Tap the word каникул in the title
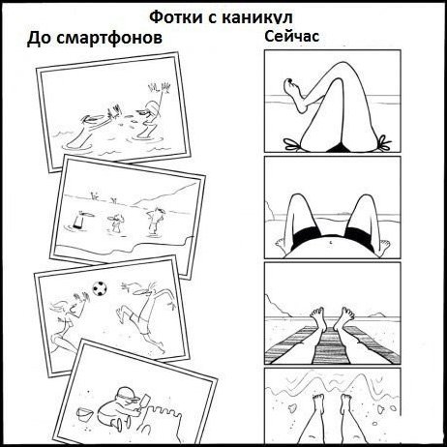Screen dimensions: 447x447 pos(257,17)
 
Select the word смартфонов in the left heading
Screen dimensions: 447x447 pos(109,38)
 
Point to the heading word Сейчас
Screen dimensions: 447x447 pos(292,36)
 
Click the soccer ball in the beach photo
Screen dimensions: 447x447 pos(100,288)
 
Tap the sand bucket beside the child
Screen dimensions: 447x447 pos(84,414)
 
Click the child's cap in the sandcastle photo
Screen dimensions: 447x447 pos(127,393)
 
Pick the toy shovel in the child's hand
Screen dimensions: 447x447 pos(144,402)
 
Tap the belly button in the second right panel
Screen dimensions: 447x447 pos(331,241)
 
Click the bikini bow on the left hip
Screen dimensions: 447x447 pos(292,144)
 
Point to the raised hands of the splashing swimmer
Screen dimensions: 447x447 pos(160,88)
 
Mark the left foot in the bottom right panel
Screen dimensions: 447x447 pos(318,404)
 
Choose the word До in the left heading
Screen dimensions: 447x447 pos(39,39)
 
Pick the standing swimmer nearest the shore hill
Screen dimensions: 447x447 pos(155,221)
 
